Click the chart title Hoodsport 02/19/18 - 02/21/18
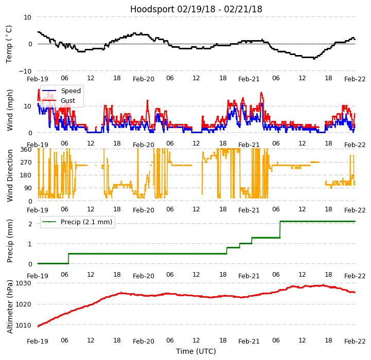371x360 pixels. pos(196,9)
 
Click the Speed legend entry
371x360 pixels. pos(70,91)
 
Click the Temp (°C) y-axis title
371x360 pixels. pos(9,44)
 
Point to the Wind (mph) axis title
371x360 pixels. pos(10,110)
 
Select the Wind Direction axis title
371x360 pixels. pos(10,175)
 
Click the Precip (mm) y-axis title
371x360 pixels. pos(10,241)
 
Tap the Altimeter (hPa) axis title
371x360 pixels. pos(10,307)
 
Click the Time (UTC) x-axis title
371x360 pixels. pos(196,351)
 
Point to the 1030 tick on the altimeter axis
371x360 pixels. pos(24,283)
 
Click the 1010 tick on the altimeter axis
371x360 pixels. pos(24,325)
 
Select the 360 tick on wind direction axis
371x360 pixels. pos(26,149)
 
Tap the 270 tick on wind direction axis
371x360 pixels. pos(26,163)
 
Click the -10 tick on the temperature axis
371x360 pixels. pos(24,71)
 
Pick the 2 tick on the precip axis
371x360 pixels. pos(30,223)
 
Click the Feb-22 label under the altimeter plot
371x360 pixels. pos(355,341)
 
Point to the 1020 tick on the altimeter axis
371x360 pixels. pos(24,304)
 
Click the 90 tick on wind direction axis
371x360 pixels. pos(28,188)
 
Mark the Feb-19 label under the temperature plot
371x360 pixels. pos(38,79)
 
